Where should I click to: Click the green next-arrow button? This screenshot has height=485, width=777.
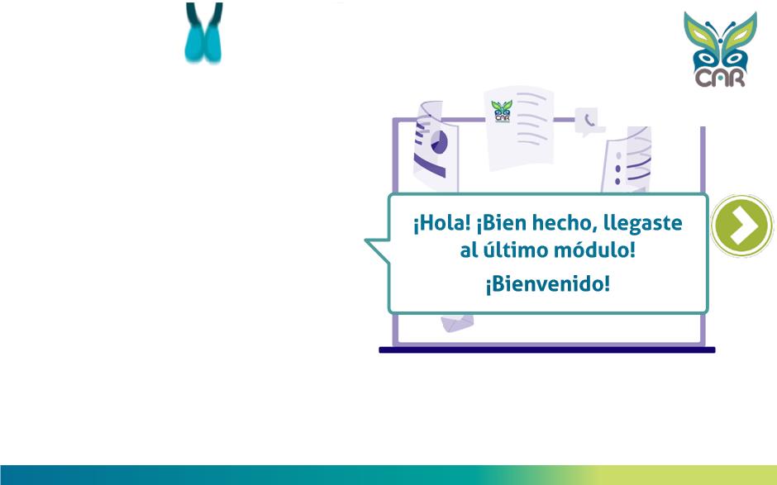741,226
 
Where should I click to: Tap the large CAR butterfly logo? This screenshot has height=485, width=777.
721,50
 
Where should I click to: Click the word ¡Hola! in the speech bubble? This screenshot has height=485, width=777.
441,223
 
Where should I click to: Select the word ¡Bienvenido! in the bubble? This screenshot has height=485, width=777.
547,284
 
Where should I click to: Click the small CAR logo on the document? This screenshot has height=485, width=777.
502,111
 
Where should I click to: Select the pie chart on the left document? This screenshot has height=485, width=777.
439,142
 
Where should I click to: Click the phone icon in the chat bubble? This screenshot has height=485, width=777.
589,120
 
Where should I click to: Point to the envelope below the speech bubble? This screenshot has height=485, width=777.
457,322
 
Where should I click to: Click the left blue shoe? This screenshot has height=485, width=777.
194,44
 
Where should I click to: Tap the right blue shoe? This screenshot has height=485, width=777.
212,44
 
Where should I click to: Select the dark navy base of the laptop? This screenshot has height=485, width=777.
546,349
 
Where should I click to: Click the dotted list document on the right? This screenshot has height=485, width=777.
627,159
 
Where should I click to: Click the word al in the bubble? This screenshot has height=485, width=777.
469,250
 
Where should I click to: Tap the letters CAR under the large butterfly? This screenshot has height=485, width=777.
720,78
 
